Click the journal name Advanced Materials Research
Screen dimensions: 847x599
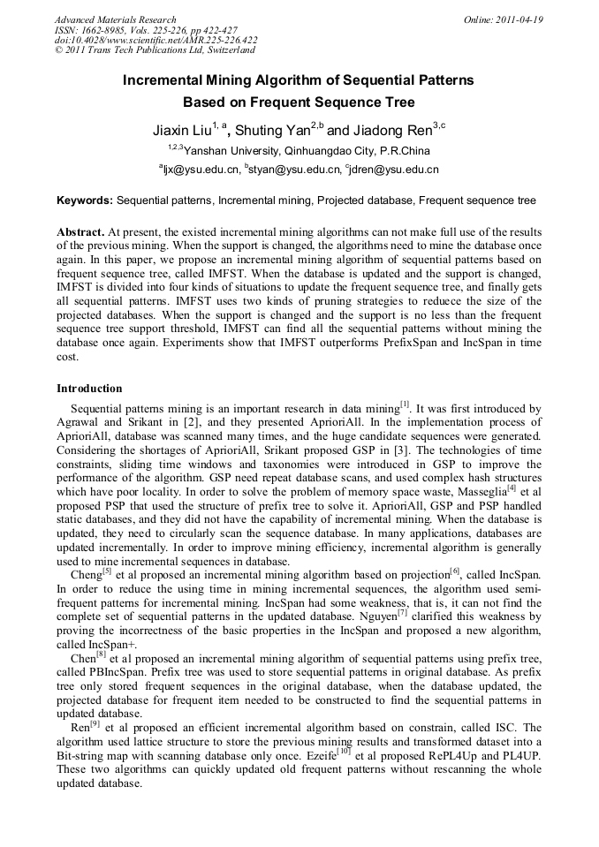pyautogui.click(x=115, y=19)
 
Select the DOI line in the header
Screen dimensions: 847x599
pyautogui.click(x=155, y=40)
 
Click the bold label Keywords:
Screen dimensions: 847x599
pyautogui.click(x=85, y=200)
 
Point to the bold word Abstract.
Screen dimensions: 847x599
pyautogui.click(x=80, y=231)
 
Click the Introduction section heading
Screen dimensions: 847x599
pyautogui.click(x=89, y=389)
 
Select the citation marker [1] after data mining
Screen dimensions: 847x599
pyautogui.click(x=405, y=405)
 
